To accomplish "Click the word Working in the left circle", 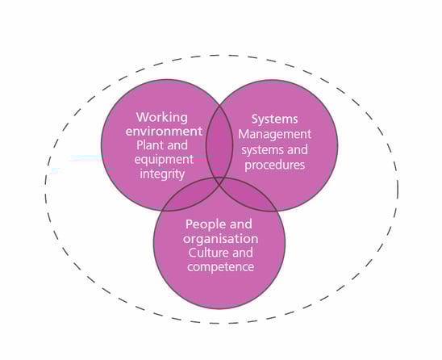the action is point(162,117).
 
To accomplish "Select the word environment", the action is point(164,132).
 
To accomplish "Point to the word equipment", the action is point(164,161).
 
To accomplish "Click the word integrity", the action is point(162,174).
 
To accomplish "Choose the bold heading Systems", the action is point(274,119).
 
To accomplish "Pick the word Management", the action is point(274,135).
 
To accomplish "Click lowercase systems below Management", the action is point(259,150).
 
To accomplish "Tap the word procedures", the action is point(274,165).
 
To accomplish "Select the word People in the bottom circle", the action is point(206,224).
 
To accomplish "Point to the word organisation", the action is point(220,239).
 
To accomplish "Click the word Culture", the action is point(209,253).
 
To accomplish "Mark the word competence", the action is point(220,267).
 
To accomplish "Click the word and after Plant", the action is point(175,145).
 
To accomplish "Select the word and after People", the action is point(241,224).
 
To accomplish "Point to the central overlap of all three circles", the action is point(219,181).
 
